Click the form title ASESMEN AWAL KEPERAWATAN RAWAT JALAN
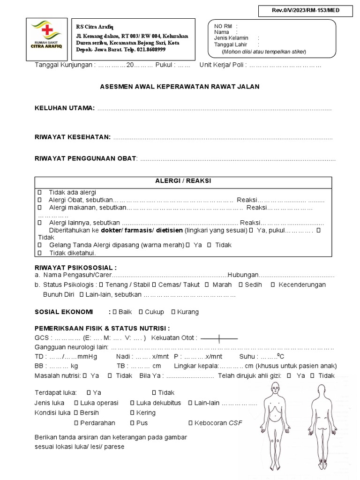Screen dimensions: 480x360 (180, 87)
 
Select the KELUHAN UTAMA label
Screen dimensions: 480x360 (65, 108)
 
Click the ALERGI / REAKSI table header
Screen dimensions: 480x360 (183, 181)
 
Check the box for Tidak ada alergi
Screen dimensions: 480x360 (39, 192)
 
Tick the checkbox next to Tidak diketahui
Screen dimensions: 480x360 (39, 253)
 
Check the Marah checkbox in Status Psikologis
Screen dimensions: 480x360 (205, 285)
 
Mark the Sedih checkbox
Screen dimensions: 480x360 (240, 285)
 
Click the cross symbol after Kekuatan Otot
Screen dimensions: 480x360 (219, 338)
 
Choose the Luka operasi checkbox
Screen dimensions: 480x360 (76, 403)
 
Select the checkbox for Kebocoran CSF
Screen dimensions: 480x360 (190, 422)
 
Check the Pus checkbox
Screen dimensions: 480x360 (132, 422)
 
